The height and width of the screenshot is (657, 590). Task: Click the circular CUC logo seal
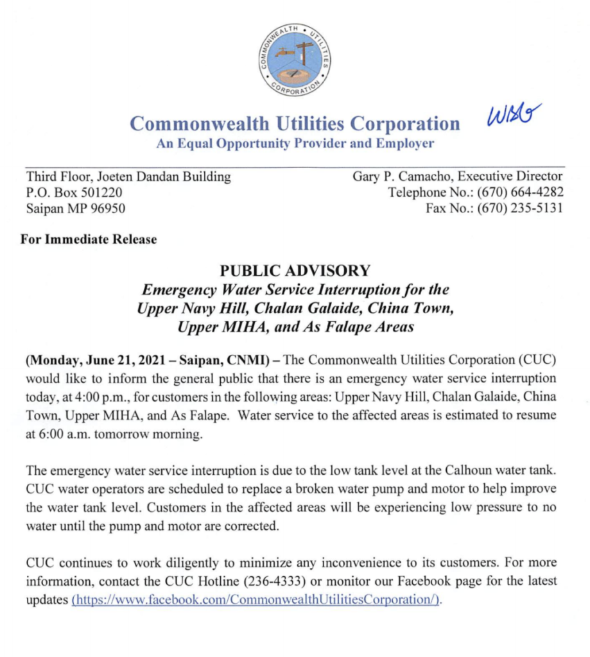pos(295,58)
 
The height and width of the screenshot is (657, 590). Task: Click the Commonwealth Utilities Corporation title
pos(295,123)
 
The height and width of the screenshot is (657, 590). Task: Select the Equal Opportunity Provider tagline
pos(295,143)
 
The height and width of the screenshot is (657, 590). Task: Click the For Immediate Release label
pos(89,239)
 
